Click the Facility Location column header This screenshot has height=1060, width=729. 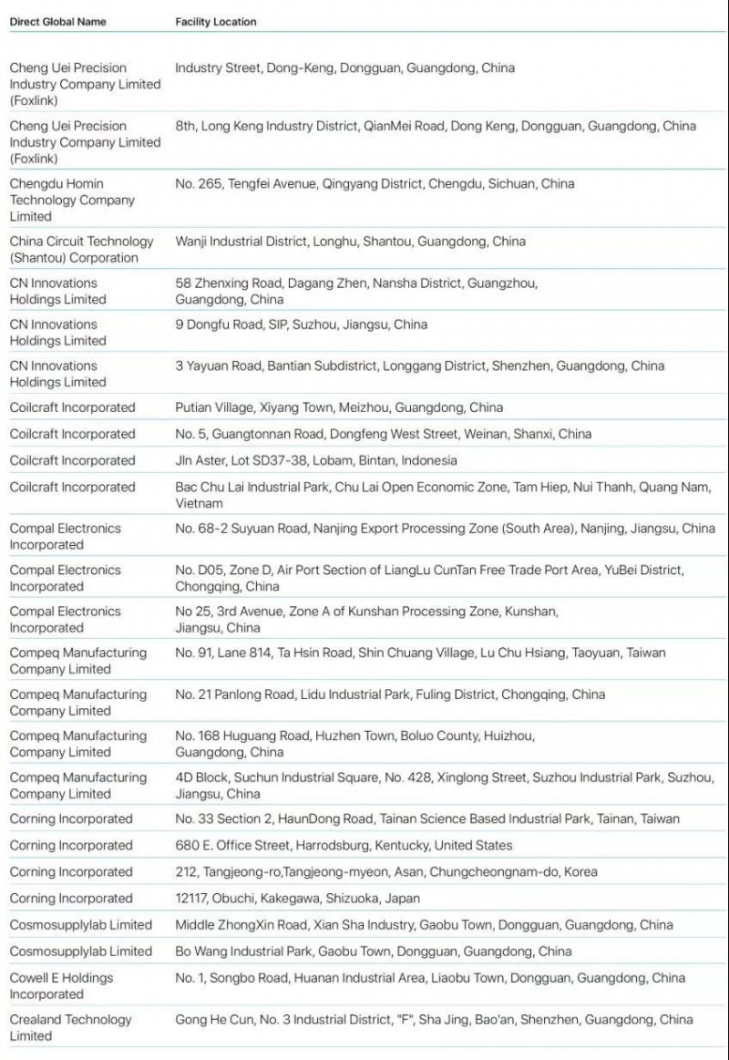216,21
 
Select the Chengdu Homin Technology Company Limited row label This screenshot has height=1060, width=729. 72,200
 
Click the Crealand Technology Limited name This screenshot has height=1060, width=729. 70,1027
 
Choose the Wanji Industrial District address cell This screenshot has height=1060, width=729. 350,242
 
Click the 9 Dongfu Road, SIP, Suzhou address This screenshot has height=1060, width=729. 301,324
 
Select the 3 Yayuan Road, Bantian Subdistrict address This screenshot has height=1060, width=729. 419,365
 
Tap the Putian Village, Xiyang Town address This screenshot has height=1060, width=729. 339,407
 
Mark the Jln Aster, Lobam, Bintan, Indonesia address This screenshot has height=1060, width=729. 316,460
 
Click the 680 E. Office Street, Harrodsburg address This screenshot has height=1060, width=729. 344,845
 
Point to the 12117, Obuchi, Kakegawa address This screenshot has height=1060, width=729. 298,898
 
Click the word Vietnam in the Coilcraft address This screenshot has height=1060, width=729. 200,503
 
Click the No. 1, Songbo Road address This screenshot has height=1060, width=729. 429,978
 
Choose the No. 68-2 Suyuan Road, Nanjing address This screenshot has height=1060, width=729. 445,528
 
